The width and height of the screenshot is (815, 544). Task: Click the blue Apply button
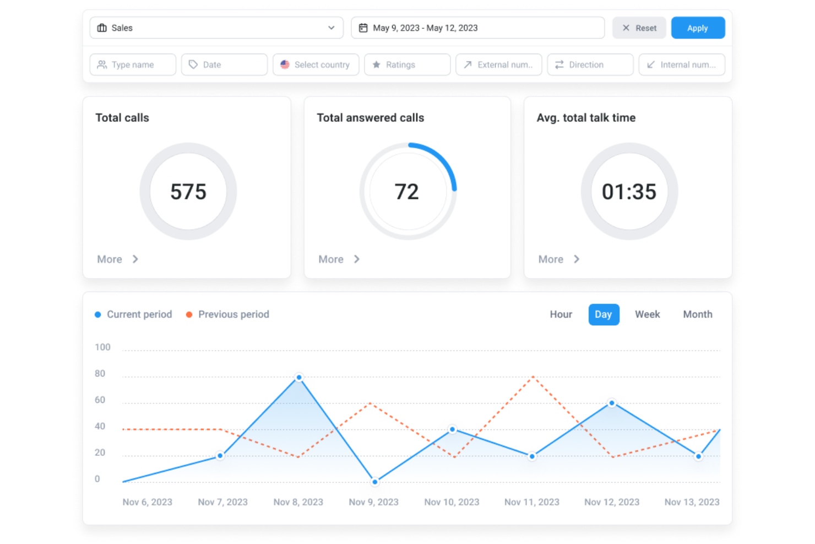(x=697, y=28)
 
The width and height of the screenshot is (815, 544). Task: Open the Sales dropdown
(x=216, y=28)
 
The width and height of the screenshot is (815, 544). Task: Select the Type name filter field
(x=133, y=64)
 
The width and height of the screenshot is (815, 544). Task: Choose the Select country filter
(x=316, y=64)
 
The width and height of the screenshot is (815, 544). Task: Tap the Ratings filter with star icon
(x=407, y=64)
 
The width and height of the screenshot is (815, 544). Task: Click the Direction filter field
(x=590, y=64)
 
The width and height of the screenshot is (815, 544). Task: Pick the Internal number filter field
(x=681, y=64)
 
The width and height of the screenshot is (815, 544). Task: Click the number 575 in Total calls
(x=188, y=192)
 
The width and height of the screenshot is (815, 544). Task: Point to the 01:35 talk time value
(x=629, y=192)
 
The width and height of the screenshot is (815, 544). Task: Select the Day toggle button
(x=604, y=314)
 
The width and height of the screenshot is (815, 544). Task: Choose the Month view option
(x=697, y=314)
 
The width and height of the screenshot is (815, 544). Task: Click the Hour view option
(x=561, y=314)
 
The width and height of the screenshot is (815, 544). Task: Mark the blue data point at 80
(x=299, y=378)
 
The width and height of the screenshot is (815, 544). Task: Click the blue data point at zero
(x=375, y=482)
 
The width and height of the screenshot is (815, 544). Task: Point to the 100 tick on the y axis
(x=102, y=347)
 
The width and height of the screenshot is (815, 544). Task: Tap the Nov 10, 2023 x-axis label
(x=452, y=502)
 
